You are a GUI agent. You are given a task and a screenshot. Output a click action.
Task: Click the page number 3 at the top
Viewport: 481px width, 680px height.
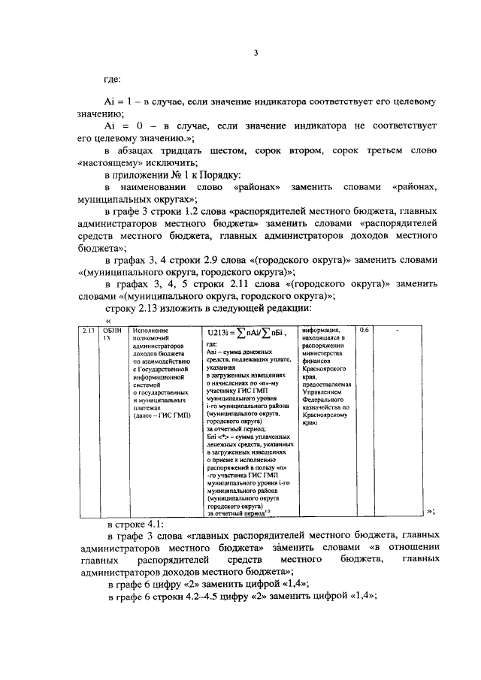(x=256, y=52)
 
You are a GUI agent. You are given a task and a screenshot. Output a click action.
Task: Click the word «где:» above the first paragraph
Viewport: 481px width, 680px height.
(x=113, y=77)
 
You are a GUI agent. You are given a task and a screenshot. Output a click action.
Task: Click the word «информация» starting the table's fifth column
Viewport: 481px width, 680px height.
(x=321, y=328)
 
